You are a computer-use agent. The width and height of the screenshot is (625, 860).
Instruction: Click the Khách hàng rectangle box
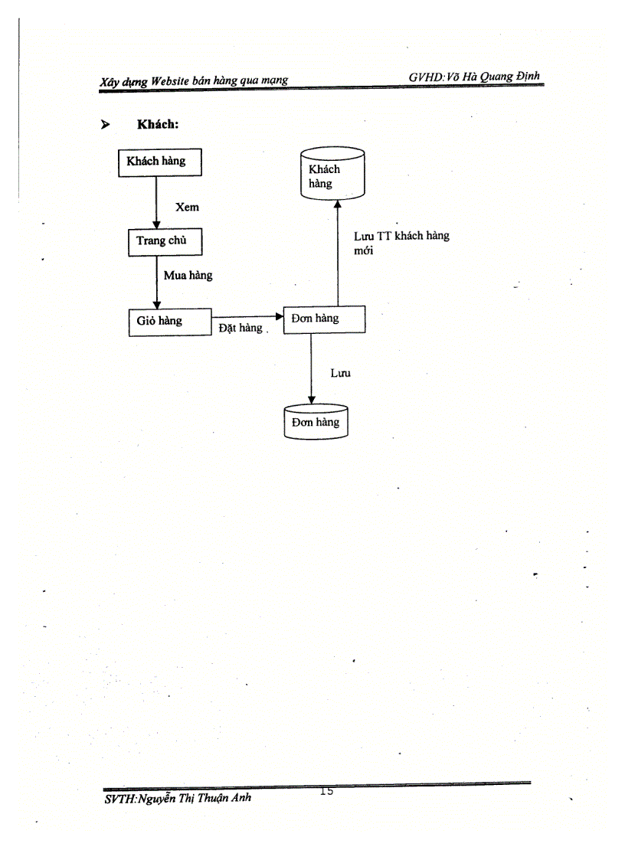[156, 162]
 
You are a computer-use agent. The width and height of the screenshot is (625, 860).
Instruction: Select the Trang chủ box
[156, 241]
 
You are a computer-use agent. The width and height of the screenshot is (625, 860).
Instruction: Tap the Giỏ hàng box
[169, 322]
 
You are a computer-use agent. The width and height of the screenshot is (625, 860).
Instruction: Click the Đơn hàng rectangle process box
[324, 319]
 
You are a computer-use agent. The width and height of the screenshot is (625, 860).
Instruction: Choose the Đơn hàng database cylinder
[316, 422]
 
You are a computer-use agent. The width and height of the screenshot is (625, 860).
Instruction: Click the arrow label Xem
[187, 207]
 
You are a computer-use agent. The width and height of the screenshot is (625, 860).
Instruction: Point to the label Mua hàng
[188, 276]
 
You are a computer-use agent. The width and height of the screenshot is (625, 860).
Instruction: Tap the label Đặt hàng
[241, 328]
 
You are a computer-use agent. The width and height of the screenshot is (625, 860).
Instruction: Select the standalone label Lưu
[340, 374]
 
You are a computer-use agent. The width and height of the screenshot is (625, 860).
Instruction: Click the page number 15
[327, 792]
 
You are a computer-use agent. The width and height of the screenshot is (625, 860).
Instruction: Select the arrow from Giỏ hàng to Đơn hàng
[247, 316]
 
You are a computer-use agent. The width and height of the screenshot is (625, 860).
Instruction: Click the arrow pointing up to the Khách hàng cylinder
[337, 253]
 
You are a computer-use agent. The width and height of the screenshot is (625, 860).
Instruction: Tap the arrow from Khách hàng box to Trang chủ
[156, 203]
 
